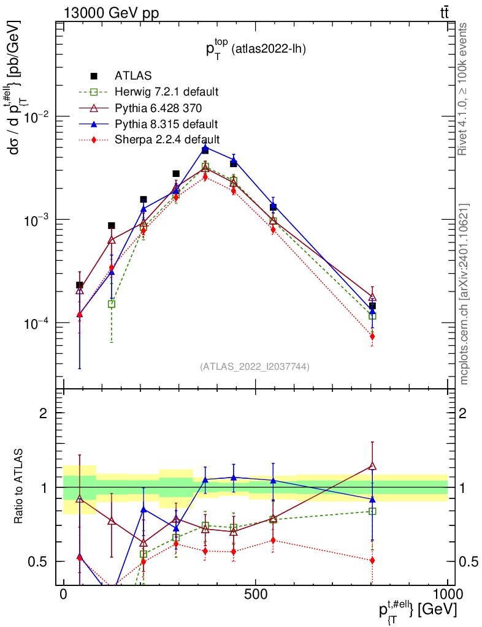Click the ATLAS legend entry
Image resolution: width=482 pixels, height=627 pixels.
(x=129, y=77)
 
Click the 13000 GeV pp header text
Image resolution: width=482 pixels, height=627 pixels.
(x=110, y=13)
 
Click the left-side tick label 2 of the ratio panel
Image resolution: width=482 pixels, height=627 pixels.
(x=44, y=413)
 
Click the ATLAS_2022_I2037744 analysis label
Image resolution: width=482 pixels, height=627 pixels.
(x=254, y=367)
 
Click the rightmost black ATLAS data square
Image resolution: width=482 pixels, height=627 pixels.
(x=372, y=306)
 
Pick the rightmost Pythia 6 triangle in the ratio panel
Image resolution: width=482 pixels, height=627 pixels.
(x=372, y=466)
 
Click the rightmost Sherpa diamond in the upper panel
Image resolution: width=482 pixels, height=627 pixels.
(x=372, y=336)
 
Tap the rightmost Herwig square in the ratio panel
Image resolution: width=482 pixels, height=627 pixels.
(x=372, y=511)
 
